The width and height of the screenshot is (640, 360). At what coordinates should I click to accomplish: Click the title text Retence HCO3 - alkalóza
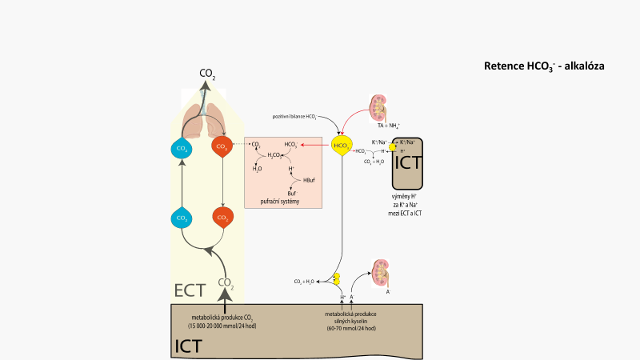click(544, 66)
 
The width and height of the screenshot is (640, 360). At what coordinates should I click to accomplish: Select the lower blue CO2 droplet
click(182, 218)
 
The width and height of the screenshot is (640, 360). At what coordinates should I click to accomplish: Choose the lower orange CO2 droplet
click(222, 218)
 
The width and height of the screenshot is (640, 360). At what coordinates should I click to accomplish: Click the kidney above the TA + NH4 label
click(382, 109)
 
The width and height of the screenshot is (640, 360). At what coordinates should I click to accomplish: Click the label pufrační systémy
click(283, 201)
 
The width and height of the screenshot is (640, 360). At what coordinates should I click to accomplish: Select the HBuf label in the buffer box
click(309, 179)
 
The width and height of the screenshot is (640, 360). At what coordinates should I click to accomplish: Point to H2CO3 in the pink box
click(277, 154)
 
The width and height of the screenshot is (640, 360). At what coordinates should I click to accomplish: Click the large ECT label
click(190, 290)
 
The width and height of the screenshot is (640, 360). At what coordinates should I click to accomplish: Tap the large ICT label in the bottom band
click(187, 346)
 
